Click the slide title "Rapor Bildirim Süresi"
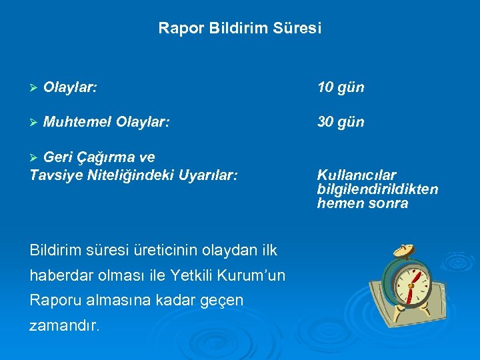click(239, 29)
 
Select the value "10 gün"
click(341, 87)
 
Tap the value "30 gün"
click(341, 122)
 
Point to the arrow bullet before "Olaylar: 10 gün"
click(34, 88)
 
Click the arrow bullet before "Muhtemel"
click(34, 123)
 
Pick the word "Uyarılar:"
click(207, 175)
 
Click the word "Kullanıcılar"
click(357, 175)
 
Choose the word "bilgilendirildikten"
click(377, 189)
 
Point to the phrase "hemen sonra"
click(362, 203)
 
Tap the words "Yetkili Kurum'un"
click(227, 275)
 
